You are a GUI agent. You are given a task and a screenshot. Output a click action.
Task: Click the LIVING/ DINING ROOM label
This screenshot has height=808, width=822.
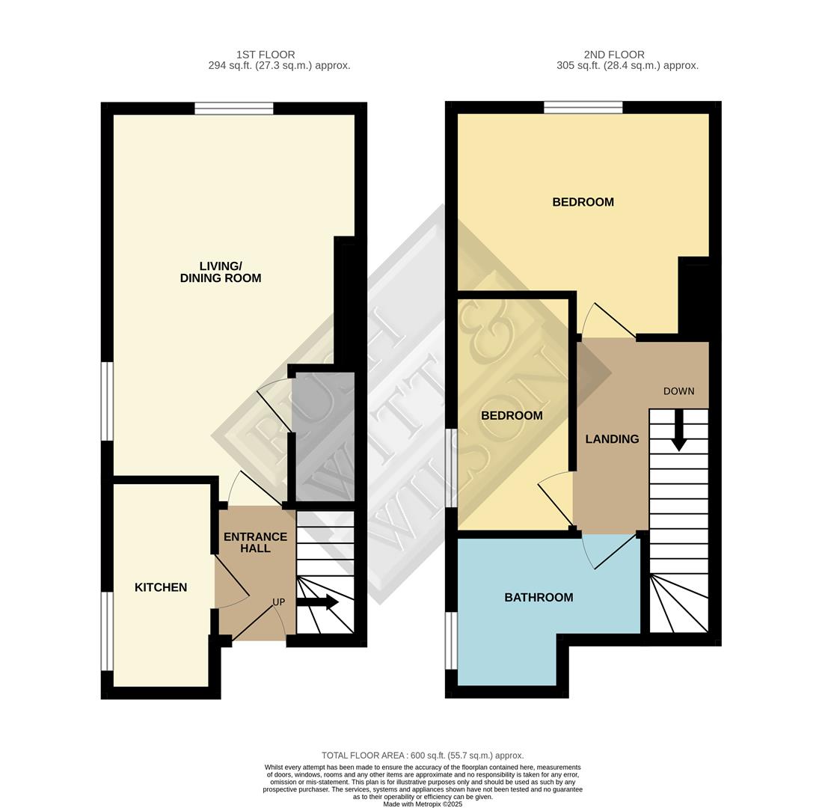coord(221,272)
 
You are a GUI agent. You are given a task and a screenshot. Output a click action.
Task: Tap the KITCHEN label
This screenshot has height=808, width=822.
coord(161,587)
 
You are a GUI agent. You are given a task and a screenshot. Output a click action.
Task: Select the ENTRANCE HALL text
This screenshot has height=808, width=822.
coord(255,542)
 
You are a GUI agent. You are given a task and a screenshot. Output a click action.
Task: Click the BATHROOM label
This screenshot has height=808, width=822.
coord(539,597)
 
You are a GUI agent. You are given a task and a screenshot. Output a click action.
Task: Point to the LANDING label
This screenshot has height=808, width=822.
coord(612,439)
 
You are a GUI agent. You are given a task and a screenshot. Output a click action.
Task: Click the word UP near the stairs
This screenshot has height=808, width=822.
coord(278,602)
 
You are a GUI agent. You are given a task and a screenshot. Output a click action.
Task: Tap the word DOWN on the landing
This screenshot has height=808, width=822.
coord(678,391)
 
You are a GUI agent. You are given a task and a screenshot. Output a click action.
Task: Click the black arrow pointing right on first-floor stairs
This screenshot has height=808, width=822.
coord(318,602)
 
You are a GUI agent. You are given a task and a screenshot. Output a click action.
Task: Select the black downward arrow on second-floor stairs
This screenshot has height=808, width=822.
coord(678,431)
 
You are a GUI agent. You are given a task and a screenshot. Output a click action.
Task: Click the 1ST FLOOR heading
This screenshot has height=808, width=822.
coord(266,55)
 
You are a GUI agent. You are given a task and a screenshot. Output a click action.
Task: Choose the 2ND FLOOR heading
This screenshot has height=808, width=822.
coord(614,55)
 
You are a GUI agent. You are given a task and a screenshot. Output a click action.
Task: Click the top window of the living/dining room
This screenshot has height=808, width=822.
coord(234,108)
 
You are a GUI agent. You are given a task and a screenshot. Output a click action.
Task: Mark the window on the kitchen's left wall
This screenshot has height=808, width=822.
coord(107,631)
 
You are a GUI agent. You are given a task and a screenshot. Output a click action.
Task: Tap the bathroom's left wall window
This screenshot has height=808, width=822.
coord(451,640)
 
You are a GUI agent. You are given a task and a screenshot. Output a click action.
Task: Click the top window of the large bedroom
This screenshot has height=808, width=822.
coord(583,108)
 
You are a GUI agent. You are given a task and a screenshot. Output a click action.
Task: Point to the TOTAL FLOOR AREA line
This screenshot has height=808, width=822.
coord(423,756)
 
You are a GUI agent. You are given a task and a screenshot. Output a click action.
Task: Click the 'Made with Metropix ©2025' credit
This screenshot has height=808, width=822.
coord(423,804)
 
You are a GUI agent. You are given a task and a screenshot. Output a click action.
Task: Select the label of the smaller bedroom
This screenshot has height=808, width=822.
coord(512,416)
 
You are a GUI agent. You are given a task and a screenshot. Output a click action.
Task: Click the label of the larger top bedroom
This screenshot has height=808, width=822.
coord(583,202)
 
